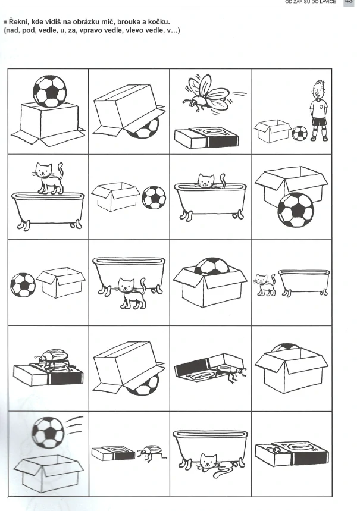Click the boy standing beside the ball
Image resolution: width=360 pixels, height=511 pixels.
point(318,111)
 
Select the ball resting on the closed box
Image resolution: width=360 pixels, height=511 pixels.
point(50,92)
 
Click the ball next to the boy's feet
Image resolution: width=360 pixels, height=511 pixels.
point(299,133)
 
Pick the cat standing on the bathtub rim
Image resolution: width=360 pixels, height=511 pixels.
point(48,178)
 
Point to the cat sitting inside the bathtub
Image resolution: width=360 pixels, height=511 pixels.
point(209,181)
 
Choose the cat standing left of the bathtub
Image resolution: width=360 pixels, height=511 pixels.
point(265,284)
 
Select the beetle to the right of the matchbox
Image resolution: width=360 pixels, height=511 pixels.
point(152,453)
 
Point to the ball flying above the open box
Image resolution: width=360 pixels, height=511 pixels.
point(48,432)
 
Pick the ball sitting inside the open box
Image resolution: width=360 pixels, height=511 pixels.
point(212,266)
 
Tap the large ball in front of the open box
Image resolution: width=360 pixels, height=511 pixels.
point(296,210)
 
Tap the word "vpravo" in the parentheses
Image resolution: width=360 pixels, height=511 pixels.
point(90,30)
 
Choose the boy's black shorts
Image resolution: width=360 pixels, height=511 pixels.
point(319,121)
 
